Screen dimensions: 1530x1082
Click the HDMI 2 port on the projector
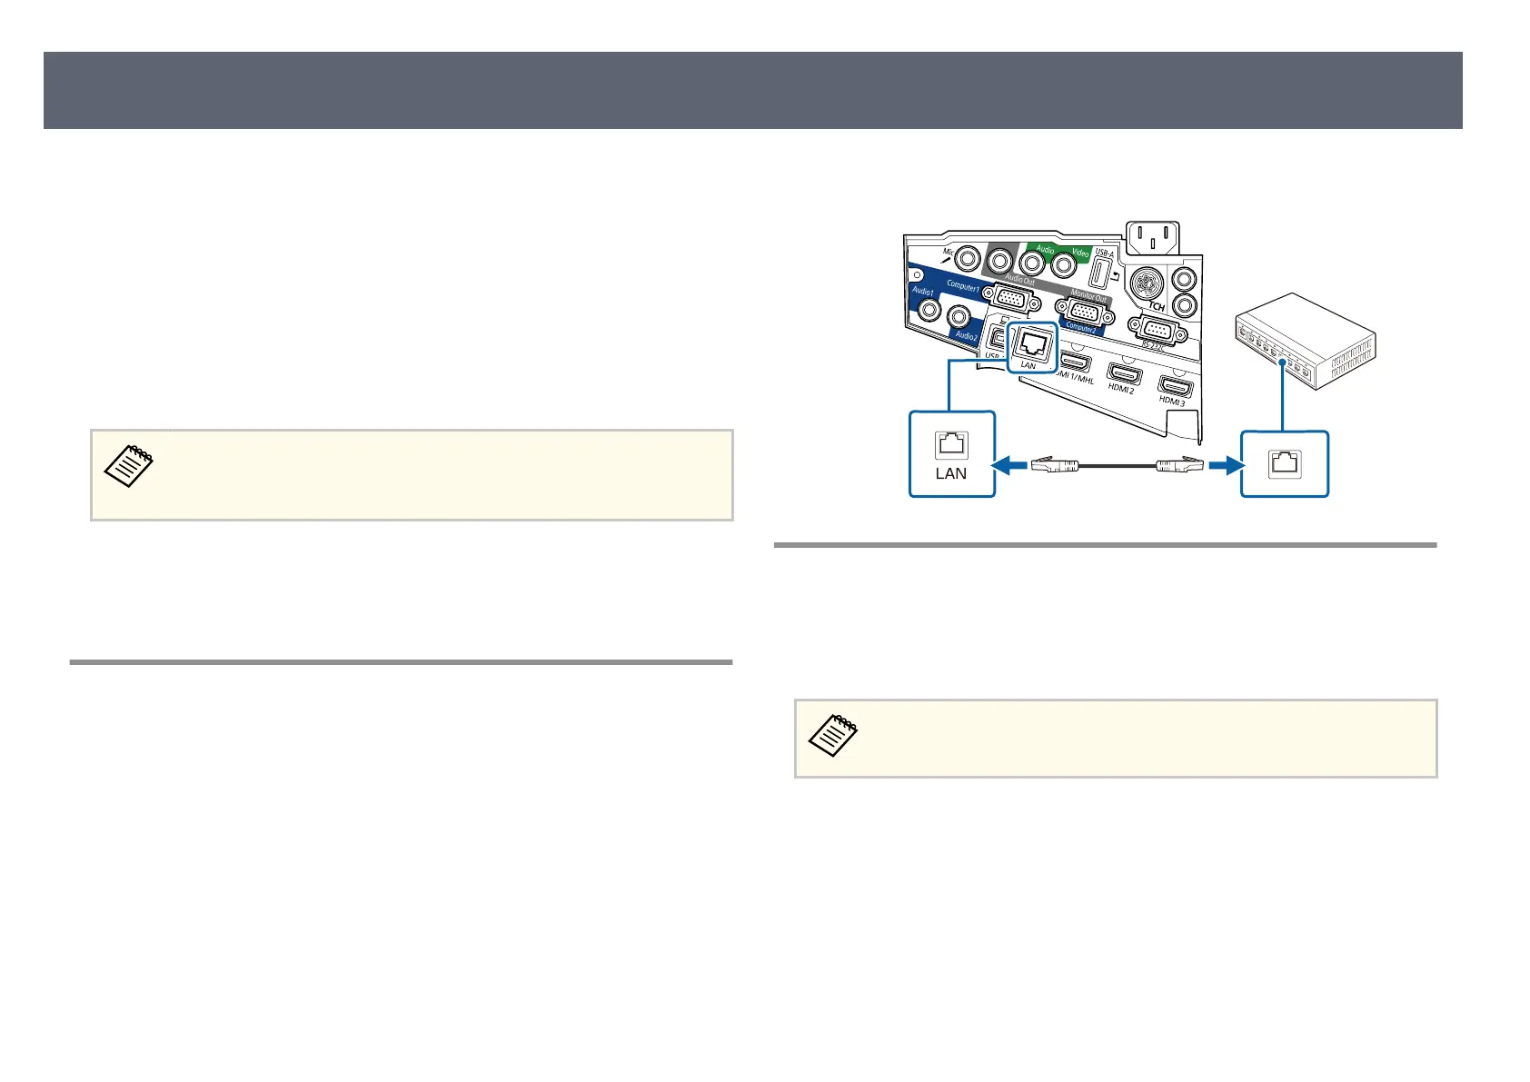[1124, 373]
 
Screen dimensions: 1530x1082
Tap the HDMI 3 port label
[1172, 401]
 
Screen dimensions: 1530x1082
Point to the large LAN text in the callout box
[951, 473]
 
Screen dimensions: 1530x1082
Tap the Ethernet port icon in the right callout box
[1285, 462]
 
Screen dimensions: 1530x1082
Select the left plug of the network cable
[1054, 466]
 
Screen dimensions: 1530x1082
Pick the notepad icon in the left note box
[129, 466]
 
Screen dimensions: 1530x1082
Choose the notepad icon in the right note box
[833, 735]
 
